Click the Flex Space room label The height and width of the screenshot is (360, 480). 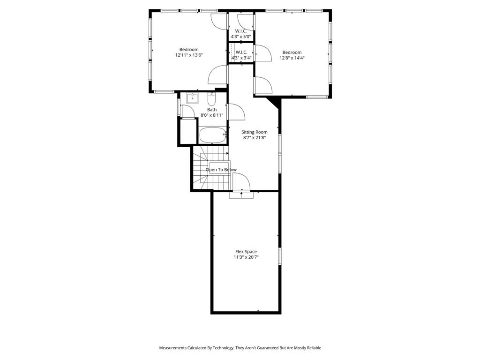click(x=246, y=252)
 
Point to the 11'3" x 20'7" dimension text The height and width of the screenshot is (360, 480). click(x=246, y=257)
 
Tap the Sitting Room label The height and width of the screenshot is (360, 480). click(x=255, y=132)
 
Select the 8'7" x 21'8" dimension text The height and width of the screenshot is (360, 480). click(x=255, y=138)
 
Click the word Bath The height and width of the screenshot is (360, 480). click(x=212, y=110)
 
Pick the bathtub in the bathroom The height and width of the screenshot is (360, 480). click(x=212, y=135)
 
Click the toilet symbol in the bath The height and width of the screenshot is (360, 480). click(x=211, y=99)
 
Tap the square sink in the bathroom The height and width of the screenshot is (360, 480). click(x=192, y=98)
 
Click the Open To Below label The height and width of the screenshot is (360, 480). click(x=221, y=170)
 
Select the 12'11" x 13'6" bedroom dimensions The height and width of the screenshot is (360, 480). click(x=189, y=55)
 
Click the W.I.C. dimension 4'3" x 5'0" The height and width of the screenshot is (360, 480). click(x=241, y=37)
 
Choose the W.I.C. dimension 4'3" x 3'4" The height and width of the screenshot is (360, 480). click(x=241, y=58)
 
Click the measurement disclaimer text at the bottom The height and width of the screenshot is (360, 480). click(x=240, y=348)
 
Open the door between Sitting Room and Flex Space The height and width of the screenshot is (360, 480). click(x=241, y=183)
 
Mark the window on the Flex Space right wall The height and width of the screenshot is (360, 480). click(x=280, y=256)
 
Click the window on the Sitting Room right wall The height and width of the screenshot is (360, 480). click(x=280, y=151)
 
